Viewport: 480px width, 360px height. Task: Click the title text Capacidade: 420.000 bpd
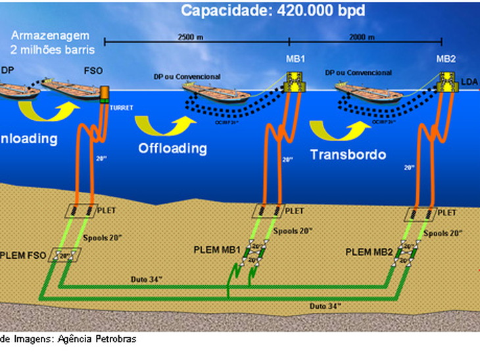tap(265, 10)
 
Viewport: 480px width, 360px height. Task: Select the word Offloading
tap(172, 148)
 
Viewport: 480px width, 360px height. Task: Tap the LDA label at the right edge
tap(469, 81)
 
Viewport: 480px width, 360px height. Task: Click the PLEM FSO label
tap(24, 254)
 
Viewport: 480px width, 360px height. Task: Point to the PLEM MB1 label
tap(217, 250)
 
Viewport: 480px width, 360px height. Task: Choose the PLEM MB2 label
tap(369, 252)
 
